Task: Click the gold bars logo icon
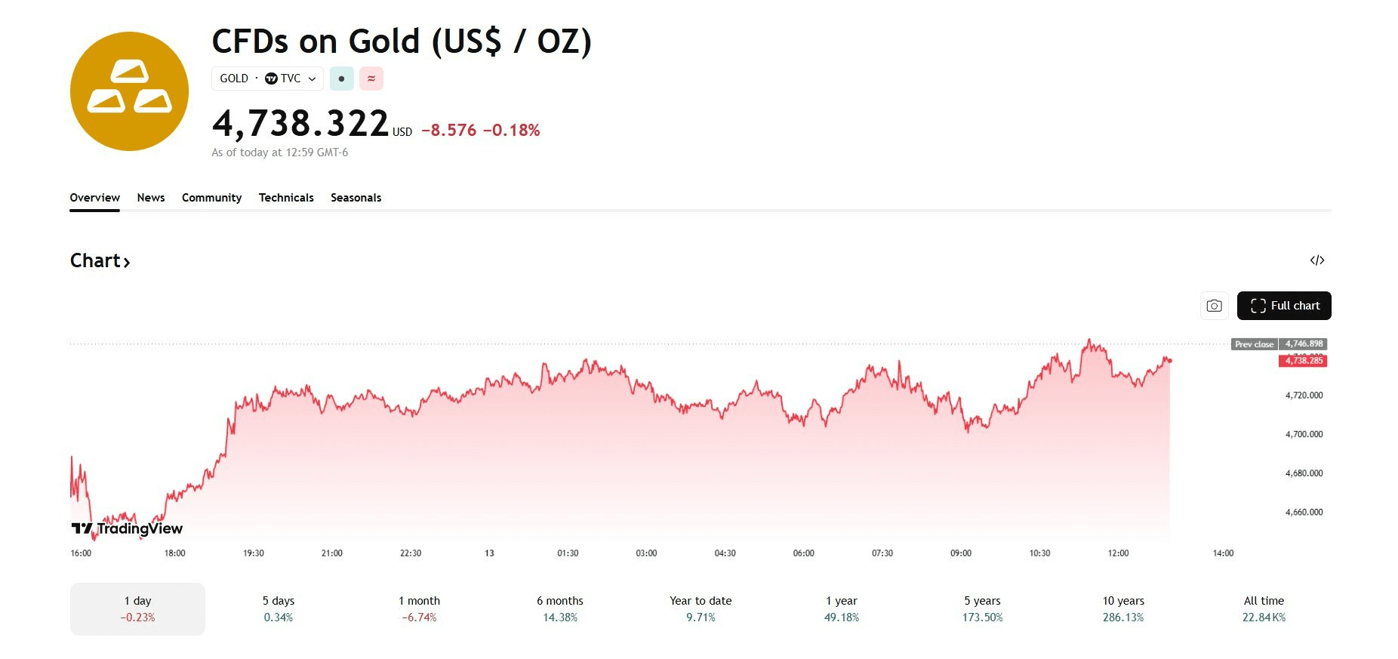(129, 91)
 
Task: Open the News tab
(151, 198)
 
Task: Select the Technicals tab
(286, 198)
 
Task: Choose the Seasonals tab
(356, 198)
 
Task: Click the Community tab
(211, 198)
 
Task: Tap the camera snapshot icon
(1214, 306)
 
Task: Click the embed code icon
(1317, 260)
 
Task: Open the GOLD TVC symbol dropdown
(268, 79)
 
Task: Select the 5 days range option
(279, 608)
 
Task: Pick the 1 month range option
(419, 608)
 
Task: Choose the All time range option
(1264, 608)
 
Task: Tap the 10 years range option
(1123, 608)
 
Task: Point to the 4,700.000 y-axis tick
(1304, 434)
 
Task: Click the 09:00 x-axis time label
(961, 553)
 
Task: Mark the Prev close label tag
(1254, 344)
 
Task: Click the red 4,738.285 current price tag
(1304, 361)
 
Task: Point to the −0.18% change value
(511, 131)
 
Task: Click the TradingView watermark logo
(128, 528)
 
